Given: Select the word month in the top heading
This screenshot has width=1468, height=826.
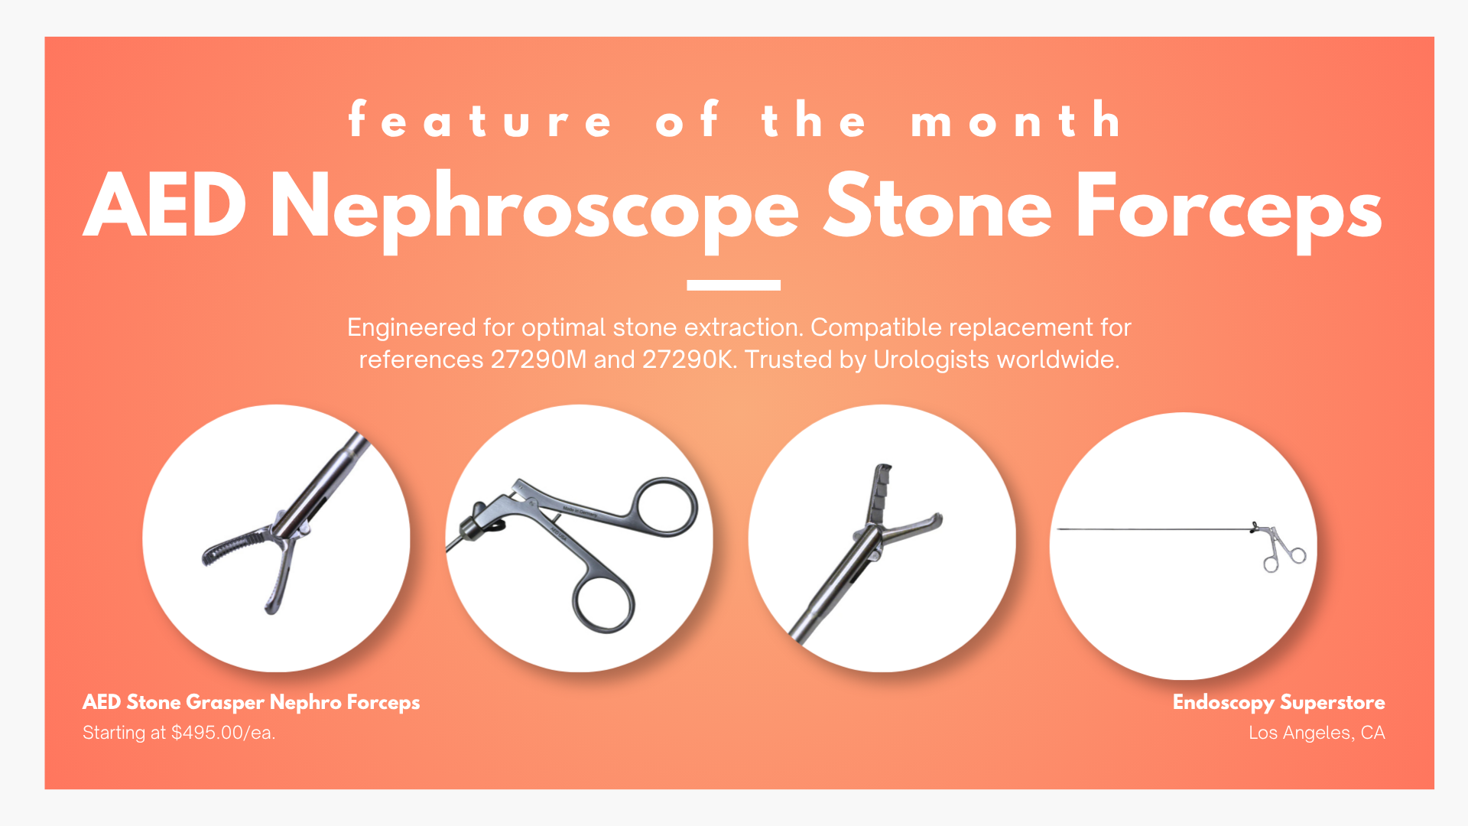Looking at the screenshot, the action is point(1015,119).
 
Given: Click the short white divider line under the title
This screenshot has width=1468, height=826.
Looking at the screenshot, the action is point(733,285).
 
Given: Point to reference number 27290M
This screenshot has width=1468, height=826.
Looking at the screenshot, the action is point(538,359).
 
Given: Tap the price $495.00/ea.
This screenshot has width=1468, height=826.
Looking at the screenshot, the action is point(222,733).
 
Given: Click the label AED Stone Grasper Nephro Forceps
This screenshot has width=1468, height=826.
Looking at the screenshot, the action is point(251,702).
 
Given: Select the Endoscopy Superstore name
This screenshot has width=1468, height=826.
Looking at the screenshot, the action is point(1278,702).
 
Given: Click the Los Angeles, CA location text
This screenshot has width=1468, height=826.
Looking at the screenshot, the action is point(1317,733).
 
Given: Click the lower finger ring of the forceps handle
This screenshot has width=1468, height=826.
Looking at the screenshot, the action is point(604,604).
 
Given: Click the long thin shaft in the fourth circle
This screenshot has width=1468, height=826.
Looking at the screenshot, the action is point(1155,528).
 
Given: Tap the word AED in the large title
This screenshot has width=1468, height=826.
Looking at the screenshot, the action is point(165,205).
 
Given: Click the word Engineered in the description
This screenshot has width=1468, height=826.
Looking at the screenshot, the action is point(411,327).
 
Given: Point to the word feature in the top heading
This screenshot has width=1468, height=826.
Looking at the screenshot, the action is point(479,119).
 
